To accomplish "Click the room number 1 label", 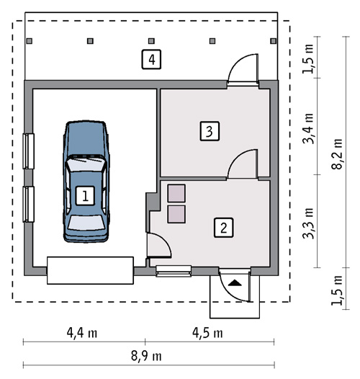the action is [x=85, y=196].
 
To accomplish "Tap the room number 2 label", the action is [x=223, y=228].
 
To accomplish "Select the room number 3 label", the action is [x=210, y=131].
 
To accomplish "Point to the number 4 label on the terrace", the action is [x=151, y=59].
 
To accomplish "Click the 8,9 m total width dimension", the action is [x=146, y=356].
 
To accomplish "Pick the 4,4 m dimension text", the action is [x=82, y=333].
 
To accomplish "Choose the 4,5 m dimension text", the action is [x=207, y=333].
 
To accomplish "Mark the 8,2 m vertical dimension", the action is [x=337, y=154].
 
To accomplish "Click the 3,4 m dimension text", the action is [x=308, y=128].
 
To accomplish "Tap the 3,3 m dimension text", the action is [x=308, y=223].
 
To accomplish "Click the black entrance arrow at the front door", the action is [x=235, y=282].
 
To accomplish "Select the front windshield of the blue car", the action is [x=86, y=164].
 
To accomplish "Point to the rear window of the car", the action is [x=86, y=223].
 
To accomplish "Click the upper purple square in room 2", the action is [x=176, y=193].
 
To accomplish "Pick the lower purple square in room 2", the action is [x=176, y=214].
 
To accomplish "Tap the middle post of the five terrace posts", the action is [x=151, y=41].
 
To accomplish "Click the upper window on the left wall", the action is [x=29, y=151].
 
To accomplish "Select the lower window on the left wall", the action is [x=29, y=204].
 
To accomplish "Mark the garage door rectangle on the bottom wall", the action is [x=90, y=270].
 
